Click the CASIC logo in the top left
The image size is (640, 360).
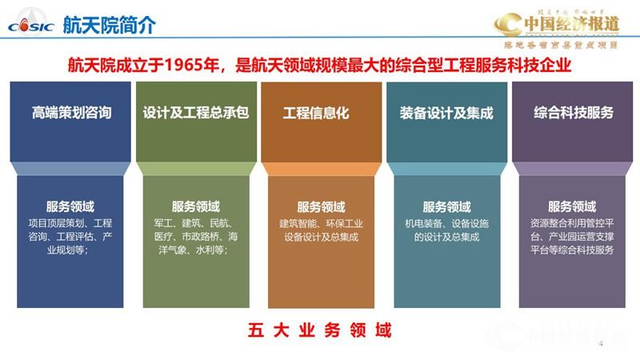click(x=30, y=25)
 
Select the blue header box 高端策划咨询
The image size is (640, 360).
click(x=70, y=113)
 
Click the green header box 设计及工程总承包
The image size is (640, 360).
click(x=195, y=113)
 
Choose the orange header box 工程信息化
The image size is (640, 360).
click(x=320, y=113)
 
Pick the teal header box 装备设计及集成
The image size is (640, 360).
click(x=446, y=113)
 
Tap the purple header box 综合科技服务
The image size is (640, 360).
click(x=573, y=113)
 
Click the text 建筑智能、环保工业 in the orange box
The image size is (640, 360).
click(x=320, y=222)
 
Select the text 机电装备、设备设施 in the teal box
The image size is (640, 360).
click(x=446, y=222)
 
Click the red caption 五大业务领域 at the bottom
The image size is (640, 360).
click(x=320, y=330)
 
